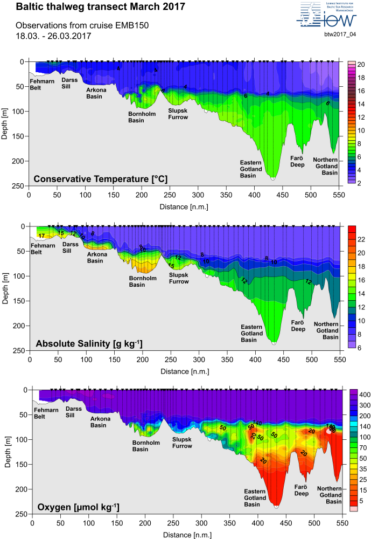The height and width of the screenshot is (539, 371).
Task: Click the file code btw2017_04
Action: [340, 34]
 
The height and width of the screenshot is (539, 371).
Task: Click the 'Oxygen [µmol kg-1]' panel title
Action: [78, 507]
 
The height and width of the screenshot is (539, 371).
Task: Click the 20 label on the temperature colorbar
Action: [361, 65]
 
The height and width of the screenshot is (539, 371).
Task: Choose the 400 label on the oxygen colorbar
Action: [363, 394]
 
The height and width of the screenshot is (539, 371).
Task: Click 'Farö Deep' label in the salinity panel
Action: [298, 326]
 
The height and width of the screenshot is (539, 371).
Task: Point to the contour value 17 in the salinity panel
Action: [41, 236]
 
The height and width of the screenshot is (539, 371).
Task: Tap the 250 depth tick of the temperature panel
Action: [22, 186]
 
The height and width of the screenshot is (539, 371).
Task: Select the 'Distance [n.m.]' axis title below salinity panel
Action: [183, 371]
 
